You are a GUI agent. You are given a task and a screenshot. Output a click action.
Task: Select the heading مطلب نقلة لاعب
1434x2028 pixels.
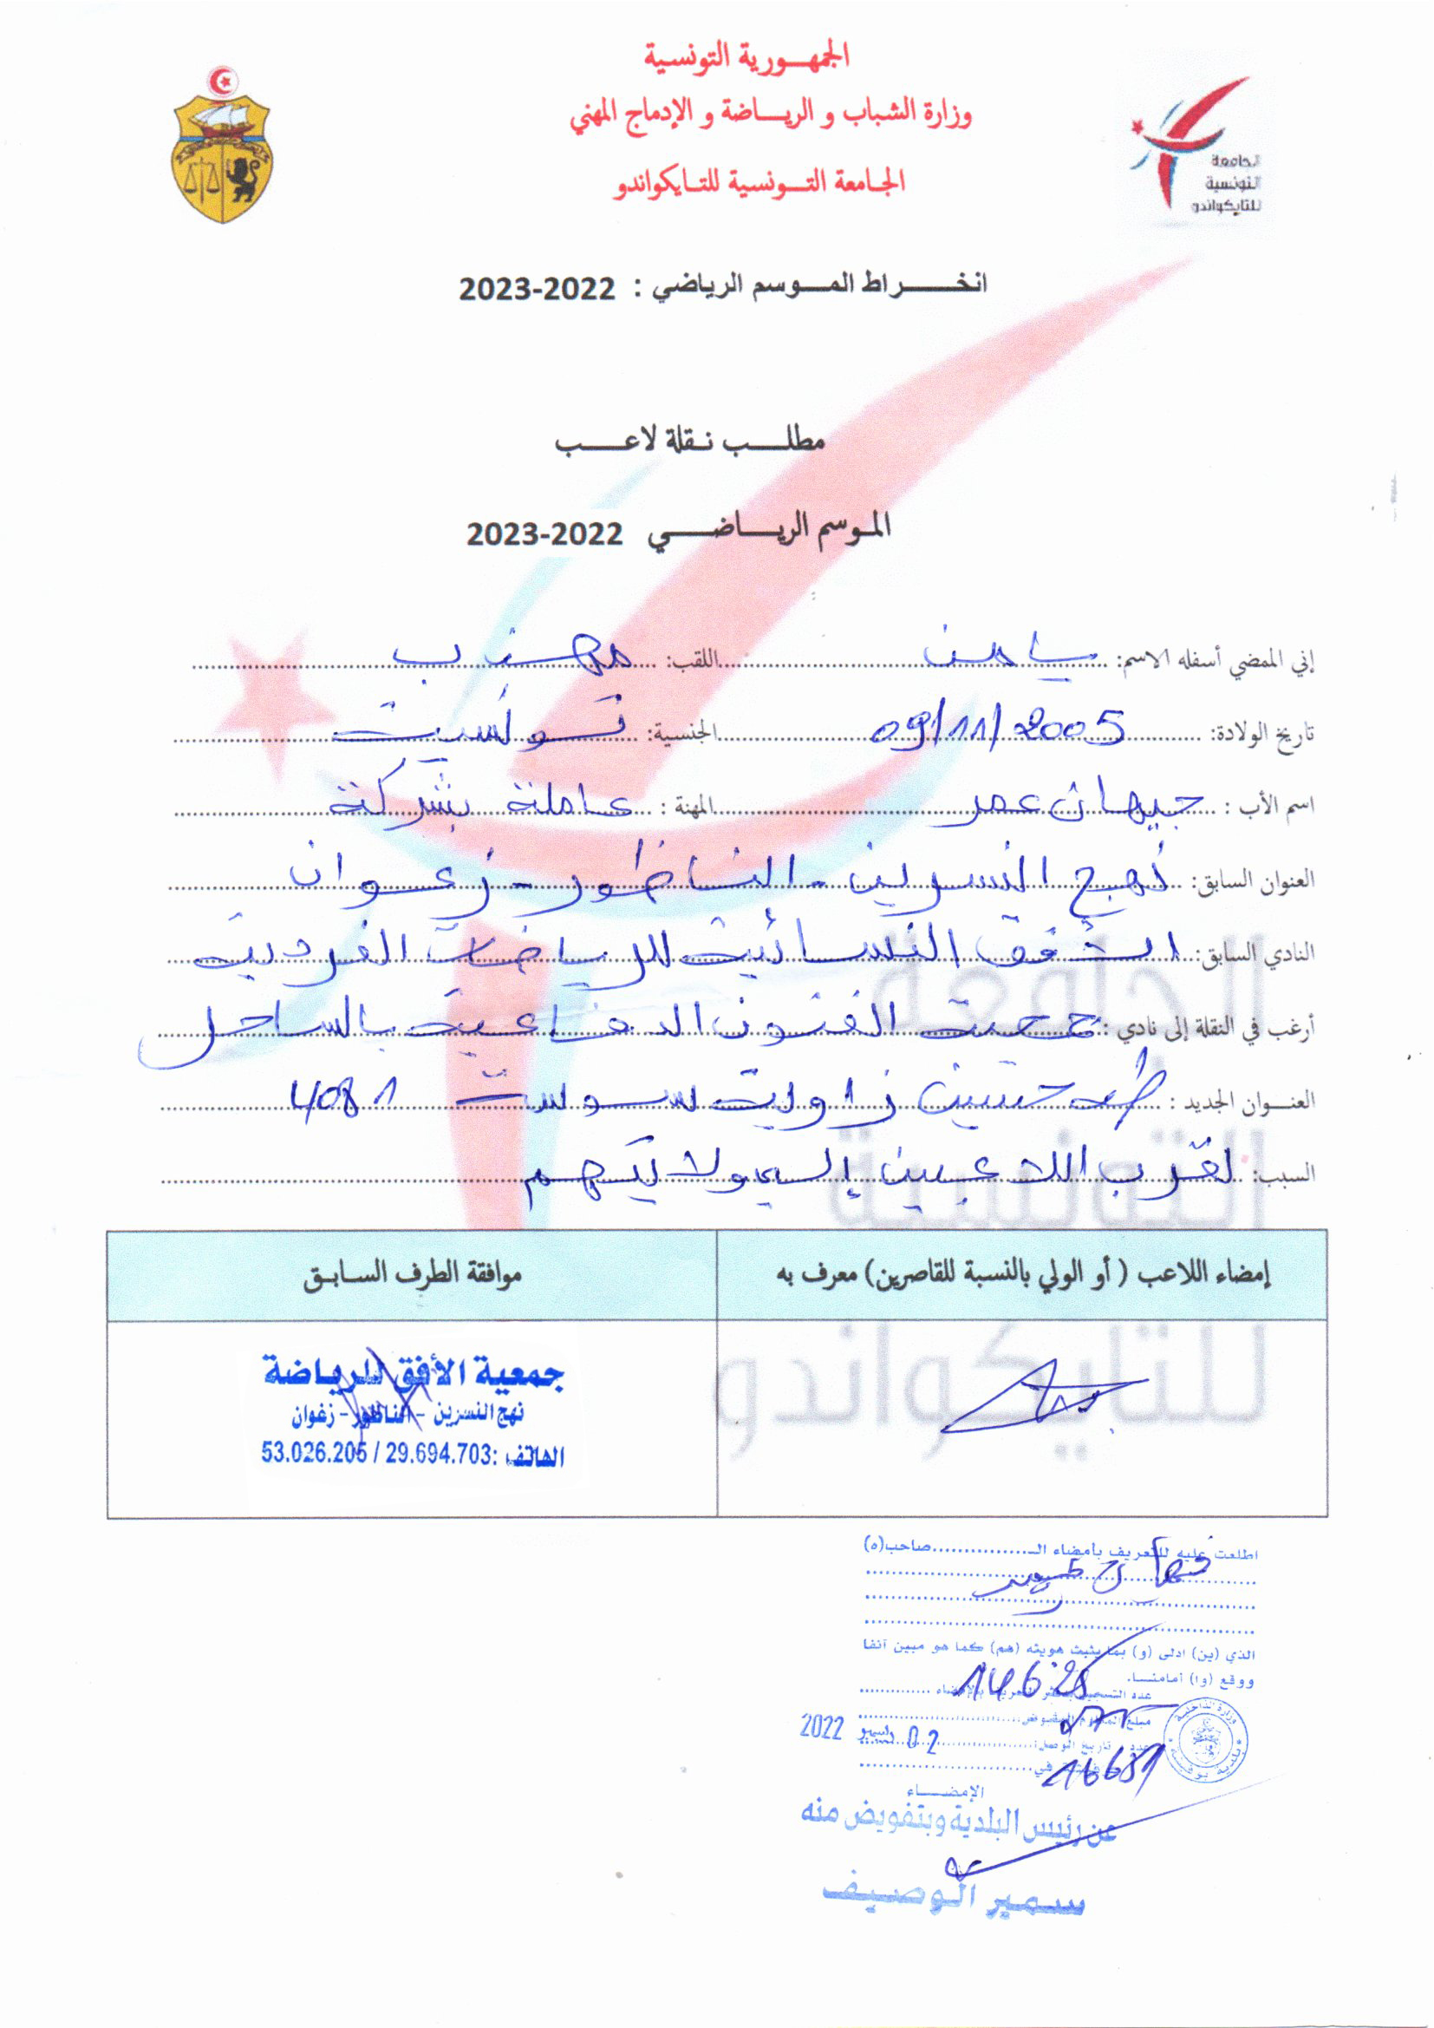tap(689, 440)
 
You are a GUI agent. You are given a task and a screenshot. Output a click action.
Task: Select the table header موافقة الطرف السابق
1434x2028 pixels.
tap(413, 1275)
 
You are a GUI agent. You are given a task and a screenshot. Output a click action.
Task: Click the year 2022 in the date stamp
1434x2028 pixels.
tap(822, 1727)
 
